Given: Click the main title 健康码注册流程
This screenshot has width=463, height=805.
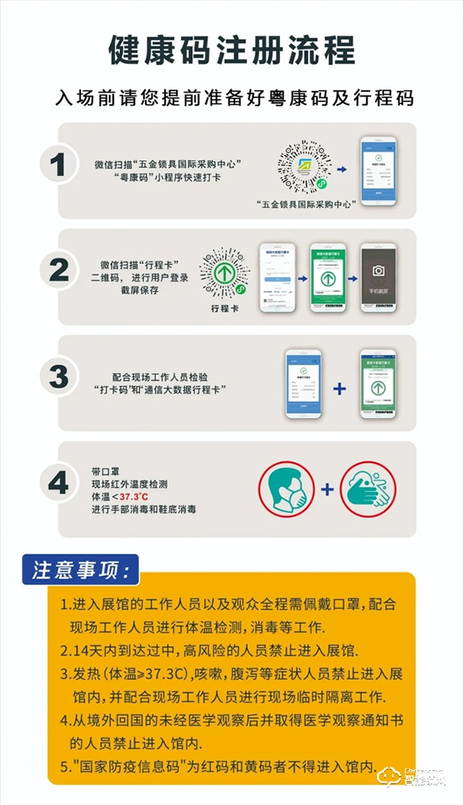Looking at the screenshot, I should pos(232,50).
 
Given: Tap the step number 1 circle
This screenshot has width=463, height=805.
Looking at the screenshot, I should pos(59,164).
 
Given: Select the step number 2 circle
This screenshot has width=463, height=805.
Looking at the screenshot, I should pos(59,270).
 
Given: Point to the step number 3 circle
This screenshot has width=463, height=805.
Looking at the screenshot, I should pos(59,377).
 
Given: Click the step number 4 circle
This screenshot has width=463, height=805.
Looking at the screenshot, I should pos(59,483).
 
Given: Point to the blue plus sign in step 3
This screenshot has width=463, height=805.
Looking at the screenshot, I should pos(339,388).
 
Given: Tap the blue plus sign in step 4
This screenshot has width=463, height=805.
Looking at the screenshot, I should pos(327,489).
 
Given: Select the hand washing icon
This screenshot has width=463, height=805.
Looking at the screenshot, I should pos(367,489).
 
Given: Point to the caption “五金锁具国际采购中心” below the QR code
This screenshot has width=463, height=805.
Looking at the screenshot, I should pos(307,204).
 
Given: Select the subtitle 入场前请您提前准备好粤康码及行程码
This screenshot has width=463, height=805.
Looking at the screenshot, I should pos(235,98).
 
